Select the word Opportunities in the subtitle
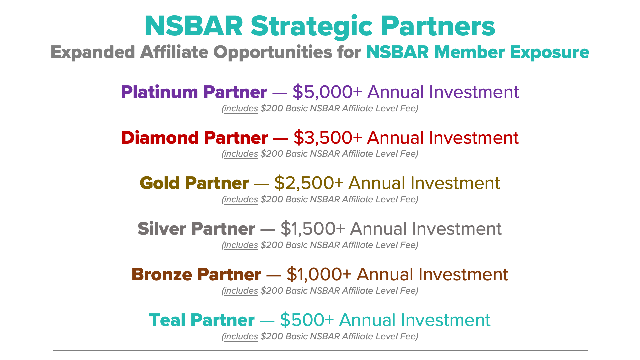coord(273,53)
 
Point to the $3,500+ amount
coord(328,138)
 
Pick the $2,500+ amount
coord(309,183)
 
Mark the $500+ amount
coord(307,320)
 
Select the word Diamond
coord(160,138)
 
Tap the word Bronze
coord(162,274)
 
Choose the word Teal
coord(167,320)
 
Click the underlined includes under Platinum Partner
coord(241,109)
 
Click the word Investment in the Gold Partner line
coord(455,183)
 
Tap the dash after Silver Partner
coord(268,229)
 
